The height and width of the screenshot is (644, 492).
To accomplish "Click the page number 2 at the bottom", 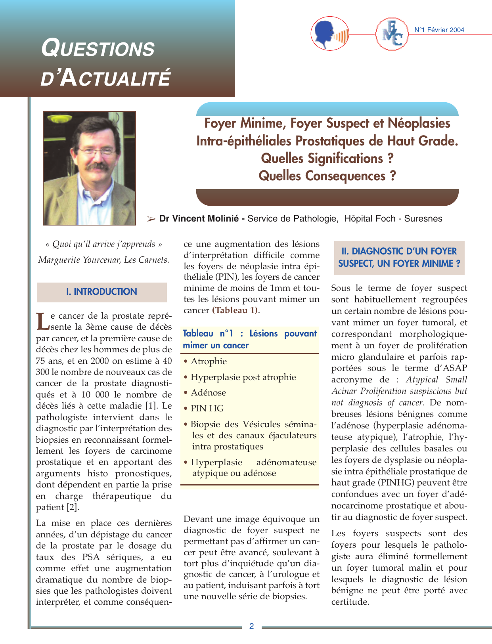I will (x=251, y=626).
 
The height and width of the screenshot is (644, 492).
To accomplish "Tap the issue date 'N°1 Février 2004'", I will (x=439, y=30).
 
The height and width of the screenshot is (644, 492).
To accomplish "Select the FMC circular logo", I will (x=392, y=35).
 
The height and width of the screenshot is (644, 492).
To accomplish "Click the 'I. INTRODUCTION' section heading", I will (x=101, y=292).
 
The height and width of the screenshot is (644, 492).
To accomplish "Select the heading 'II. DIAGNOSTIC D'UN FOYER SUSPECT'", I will (x=399, y=257).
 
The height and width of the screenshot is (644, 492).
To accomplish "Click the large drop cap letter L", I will (x=42, y=321).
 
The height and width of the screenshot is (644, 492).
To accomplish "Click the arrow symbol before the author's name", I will (x=151, y=219).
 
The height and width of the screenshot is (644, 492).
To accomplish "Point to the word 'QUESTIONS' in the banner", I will (x=98, y=49).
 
